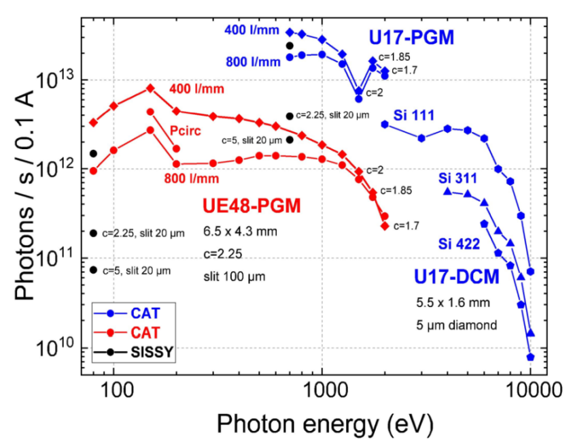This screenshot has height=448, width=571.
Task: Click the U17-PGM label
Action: [x=411, y=37]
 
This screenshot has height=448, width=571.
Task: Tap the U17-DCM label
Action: [x=457, y=277]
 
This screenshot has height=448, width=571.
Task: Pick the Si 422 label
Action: [x=458, y=243]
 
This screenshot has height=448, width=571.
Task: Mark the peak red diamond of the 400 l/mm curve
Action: [x=151, y=88]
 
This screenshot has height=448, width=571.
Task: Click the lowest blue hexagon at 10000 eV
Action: [x=530, y=357]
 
